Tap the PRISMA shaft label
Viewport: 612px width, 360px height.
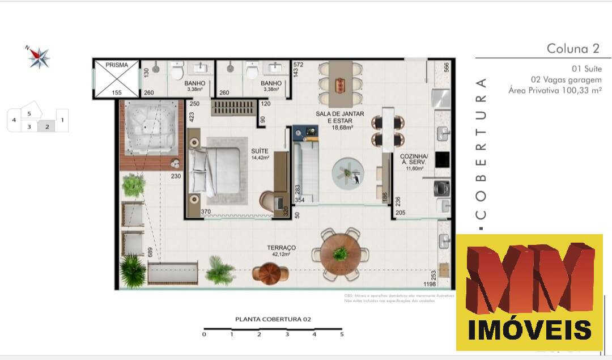click(117, 65)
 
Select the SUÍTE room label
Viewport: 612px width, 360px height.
click(260, 151)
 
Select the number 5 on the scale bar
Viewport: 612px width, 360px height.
click(342, 334)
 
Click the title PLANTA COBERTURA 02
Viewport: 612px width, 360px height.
click(273, 319)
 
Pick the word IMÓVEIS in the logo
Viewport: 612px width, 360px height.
click(530, 329)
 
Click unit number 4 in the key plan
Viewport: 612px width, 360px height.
click(14, 120)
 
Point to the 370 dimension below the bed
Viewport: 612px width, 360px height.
click(206, 211)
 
